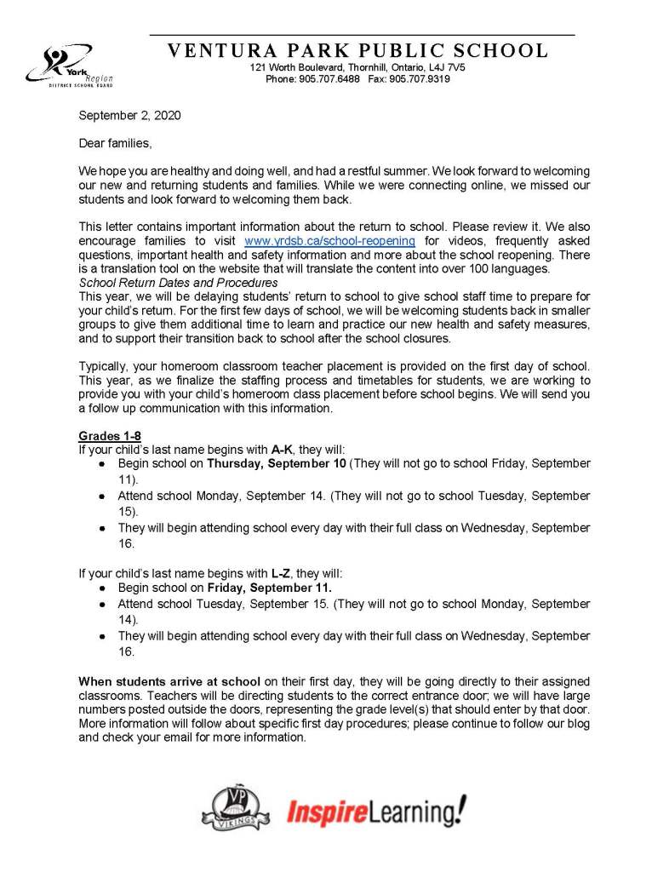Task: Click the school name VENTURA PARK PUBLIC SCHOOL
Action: tap(357, 51)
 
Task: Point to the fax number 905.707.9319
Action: tap(421, 79)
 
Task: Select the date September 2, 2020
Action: tap(129, 115)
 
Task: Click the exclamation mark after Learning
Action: tap(460, 810)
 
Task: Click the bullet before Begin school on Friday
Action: tap(102, 588)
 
